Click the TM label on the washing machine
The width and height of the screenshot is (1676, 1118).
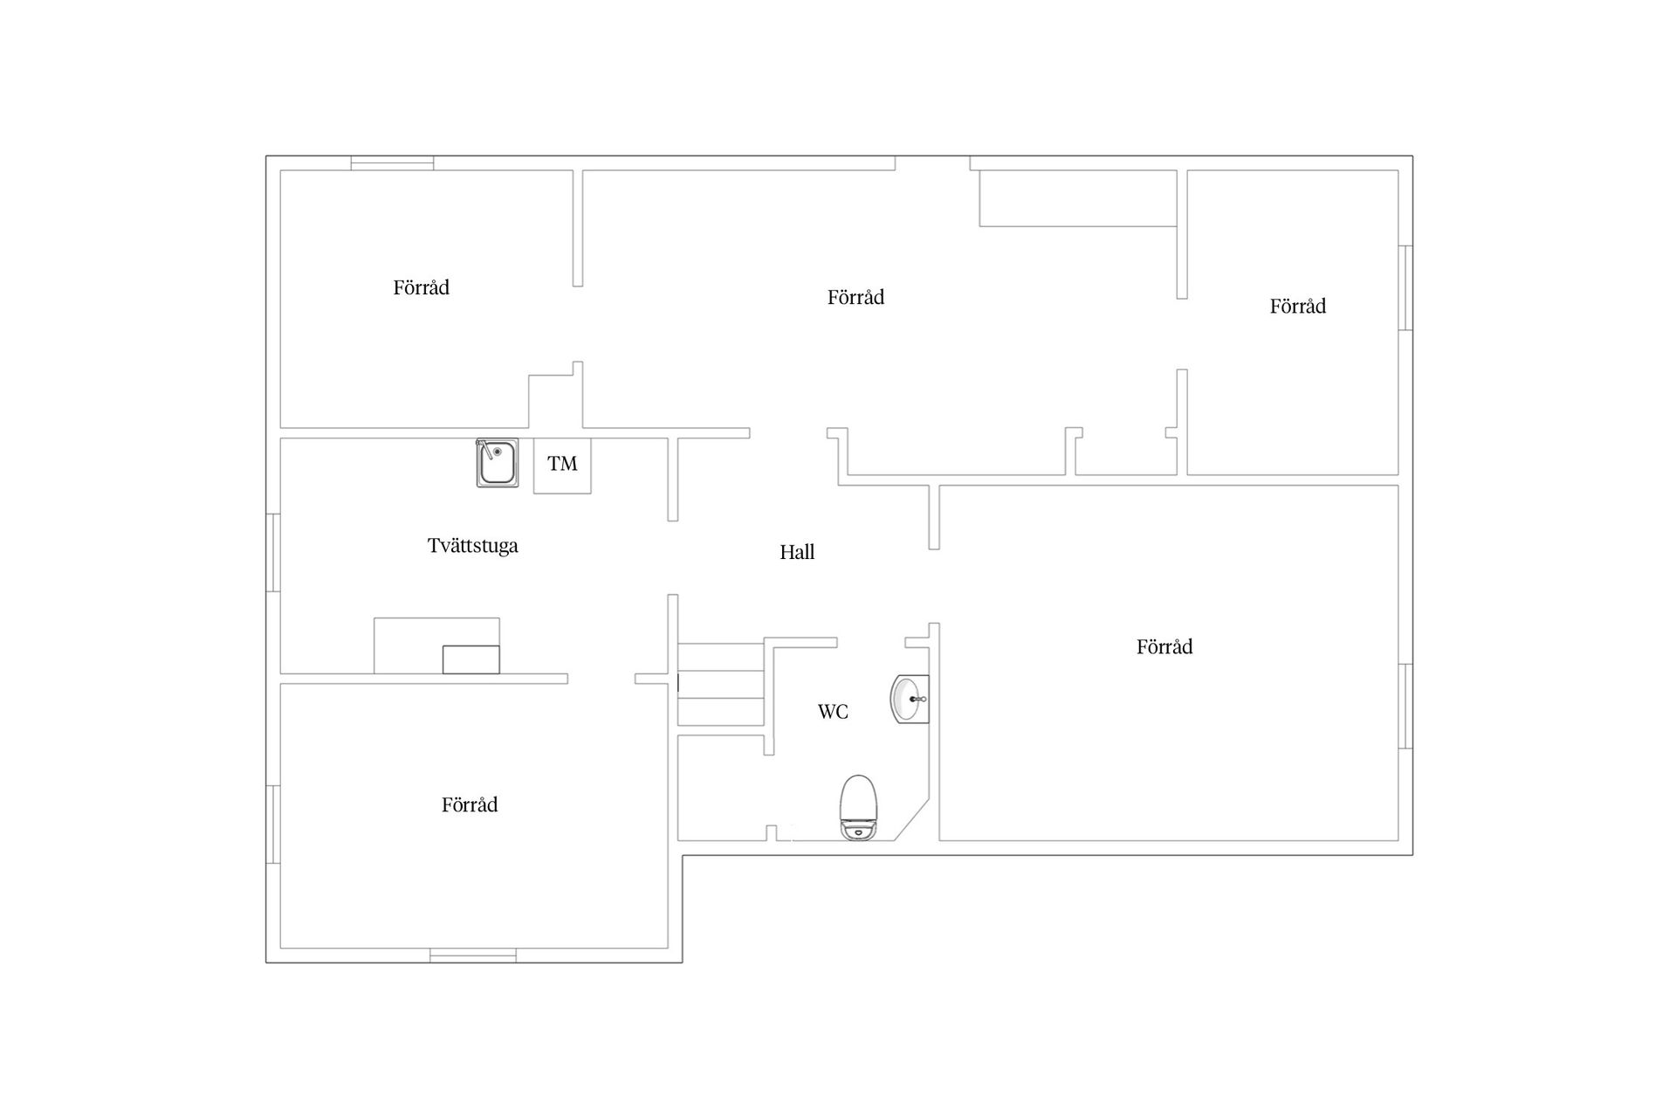click(x=562, y=464)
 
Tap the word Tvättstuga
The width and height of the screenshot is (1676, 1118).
click(x=473, y=546)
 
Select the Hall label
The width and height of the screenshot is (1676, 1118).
click(x=797, y=552)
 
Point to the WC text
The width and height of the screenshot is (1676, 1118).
click(x=833, y=712)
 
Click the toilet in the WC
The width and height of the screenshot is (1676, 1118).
click(x=860, y=808)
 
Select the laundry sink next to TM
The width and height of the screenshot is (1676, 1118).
click(x=498, y=463)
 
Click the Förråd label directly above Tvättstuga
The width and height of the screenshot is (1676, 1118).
click(x=421, y=287)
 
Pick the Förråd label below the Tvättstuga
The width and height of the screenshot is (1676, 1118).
click(x=470, y=804)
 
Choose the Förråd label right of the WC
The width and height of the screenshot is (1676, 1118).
click(x=1164, y=646)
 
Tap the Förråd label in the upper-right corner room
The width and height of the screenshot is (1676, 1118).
click(x=1298, y=306)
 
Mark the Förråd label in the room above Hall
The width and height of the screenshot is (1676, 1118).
click(x=855, y=297)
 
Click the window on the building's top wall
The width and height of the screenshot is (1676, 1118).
click(x=392, y=162)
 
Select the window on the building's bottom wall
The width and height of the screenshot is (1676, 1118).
click(x=473, y=956)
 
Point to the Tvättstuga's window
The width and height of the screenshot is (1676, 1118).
click(x=273, y=553)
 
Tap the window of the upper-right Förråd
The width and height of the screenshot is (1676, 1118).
click(x=1405, y=288)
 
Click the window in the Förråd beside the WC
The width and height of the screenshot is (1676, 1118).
click(x=1405, y=707)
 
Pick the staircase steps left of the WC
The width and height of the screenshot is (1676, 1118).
click(x=721, y=685)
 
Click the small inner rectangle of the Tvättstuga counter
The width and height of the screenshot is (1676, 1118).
click(x=471, y=659)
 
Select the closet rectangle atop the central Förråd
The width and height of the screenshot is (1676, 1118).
click(x=1078, y=198)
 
